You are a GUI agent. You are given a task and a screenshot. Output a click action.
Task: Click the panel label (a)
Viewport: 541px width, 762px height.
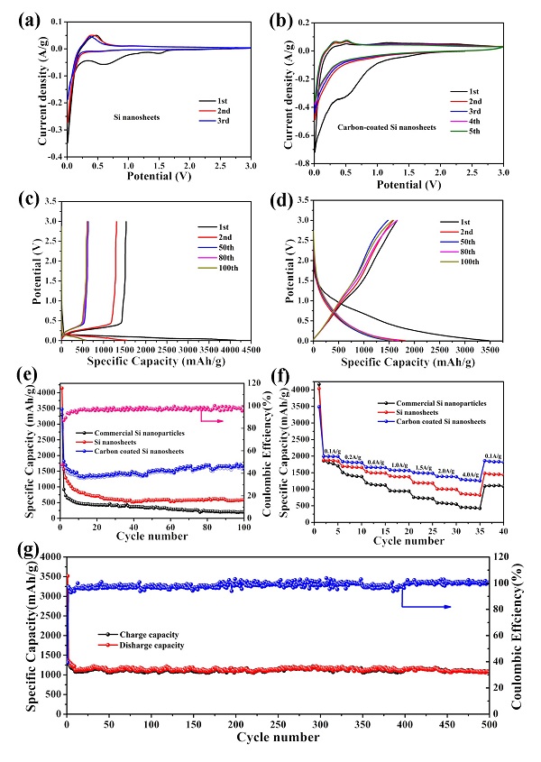[x=19, y=16]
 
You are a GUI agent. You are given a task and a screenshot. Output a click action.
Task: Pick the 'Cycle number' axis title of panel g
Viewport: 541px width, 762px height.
[x=279, y=738]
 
